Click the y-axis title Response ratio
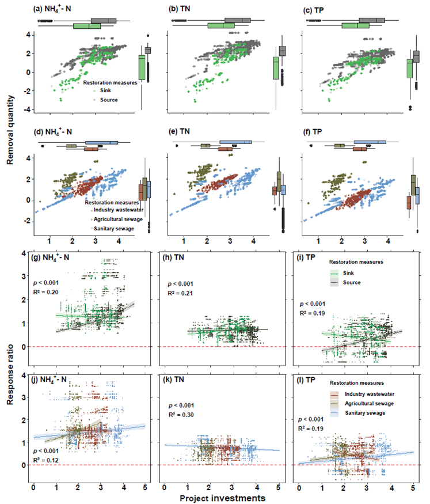click(x=11, y=380)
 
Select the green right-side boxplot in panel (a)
click(x=142, y=68)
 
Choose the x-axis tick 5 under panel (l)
click(x=412, y=487)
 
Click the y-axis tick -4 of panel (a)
click(x=28, y=110)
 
